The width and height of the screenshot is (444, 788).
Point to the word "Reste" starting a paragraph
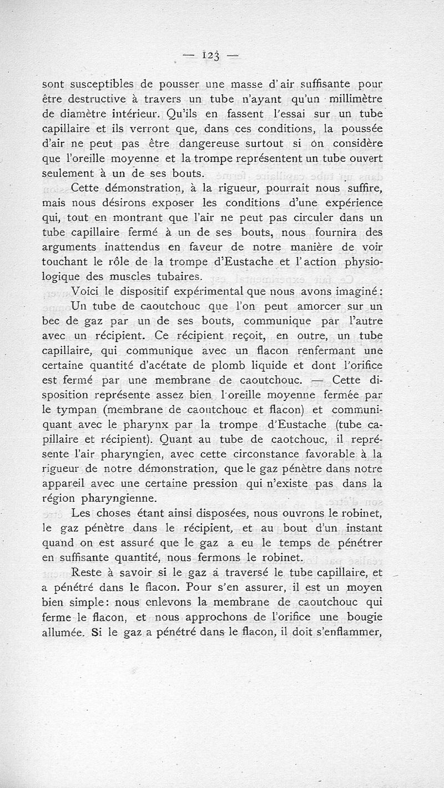click(x=87, y=571)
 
